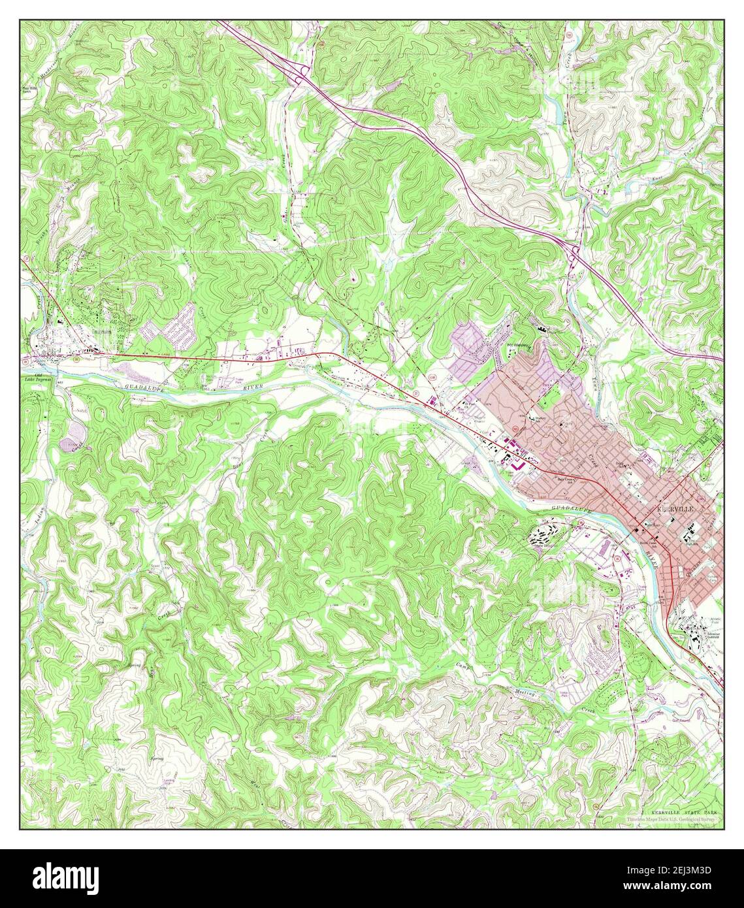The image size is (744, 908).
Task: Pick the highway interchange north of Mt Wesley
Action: coord(575,251)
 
